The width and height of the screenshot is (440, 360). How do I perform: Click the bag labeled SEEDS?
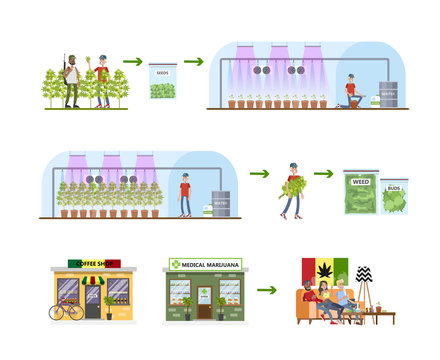[162, 81]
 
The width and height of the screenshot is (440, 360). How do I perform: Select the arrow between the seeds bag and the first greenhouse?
[193, 62]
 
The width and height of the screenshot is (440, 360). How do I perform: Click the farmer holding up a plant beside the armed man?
[102, 81]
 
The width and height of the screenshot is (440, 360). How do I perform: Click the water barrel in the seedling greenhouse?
[388, 94]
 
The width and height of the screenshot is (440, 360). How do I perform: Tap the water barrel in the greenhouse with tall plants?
[221, 204]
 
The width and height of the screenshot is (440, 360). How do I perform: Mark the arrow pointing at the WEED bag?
[322, 173]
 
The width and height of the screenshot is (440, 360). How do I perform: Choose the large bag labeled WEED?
[360, 190]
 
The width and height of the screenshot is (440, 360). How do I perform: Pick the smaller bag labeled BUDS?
[395, 195]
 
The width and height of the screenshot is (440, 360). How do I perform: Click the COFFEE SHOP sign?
[92, 264]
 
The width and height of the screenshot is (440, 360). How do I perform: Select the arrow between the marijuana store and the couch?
[266, 290]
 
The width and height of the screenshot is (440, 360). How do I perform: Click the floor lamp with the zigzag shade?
[364, 280]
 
